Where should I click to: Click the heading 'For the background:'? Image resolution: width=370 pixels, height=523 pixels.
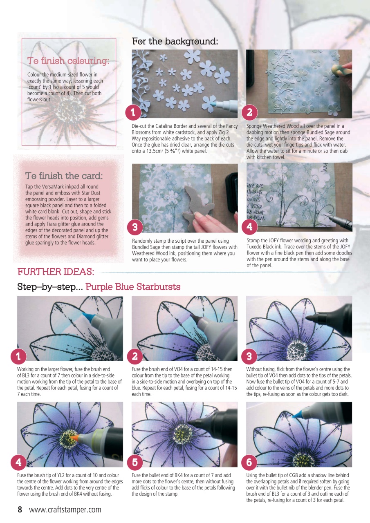tap(175, 42)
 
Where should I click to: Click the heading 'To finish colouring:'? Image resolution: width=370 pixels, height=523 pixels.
tap(68, 61)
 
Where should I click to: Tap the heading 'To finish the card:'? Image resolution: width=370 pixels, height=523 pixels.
tap(64, 176)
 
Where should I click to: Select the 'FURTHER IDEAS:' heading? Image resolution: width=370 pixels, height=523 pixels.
tap(56, 272)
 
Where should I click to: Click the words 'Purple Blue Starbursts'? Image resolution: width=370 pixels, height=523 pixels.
tap(133, 287)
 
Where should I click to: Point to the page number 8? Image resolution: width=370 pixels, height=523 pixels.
tap(20, 510)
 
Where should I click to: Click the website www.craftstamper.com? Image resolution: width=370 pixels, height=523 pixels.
tap(65, 510)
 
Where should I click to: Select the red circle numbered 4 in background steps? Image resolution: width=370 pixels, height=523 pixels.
tap(249, 226)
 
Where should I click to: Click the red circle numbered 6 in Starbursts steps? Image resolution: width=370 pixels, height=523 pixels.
tap(249, 462)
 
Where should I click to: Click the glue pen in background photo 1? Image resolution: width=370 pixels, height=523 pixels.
tap(223, 98)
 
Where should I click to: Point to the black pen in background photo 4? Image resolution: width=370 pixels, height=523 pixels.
tap(339, 219)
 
